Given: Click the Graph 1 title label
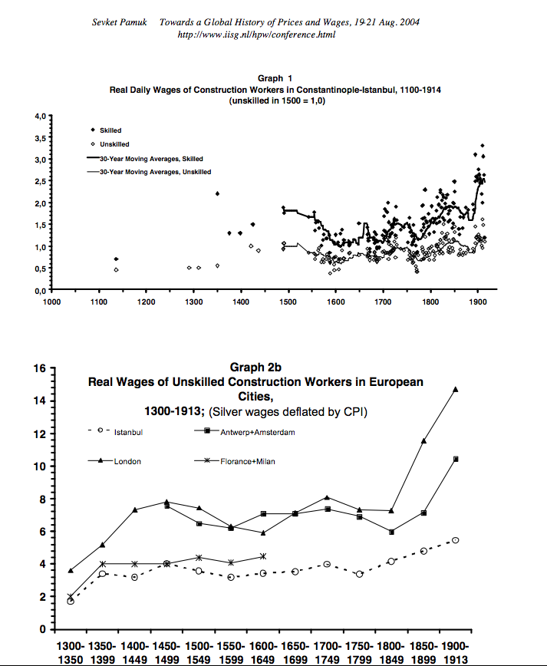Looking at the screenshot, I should pos(275,78).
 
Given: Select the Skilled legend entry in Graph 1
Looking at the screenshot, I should pos(110,130).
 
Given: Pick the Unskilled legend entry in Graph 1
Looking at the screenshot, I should pos(114,144).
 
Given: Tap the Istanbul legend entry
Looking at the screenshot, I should pos(128,432).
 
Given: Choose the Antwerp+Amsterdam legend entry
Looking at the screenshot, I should pos(258,432).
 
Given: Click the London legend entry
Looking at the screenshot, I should pos(127,461).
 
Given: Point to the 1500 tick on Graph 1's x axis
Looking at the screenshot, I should pos(288,302).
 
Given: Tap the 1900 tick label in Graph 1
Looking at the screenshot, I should pos(477,302).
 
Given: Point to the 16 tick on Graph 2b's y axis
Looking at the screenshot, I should pos(40,368).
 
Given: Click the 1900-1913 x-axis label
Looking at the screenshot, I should pos(455,651).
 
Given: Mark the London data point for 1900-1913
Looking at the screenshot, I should pos(456,389).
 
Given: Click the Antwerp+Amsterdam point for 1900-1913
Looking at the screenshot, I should pos(456,459).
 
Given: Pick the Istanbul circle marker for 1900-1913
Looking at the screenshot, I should pos(456,540).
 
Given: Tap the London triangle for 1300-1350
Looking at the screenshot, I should pos(71,570).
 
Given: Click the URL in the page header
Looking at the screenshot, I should pos(256,35).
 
